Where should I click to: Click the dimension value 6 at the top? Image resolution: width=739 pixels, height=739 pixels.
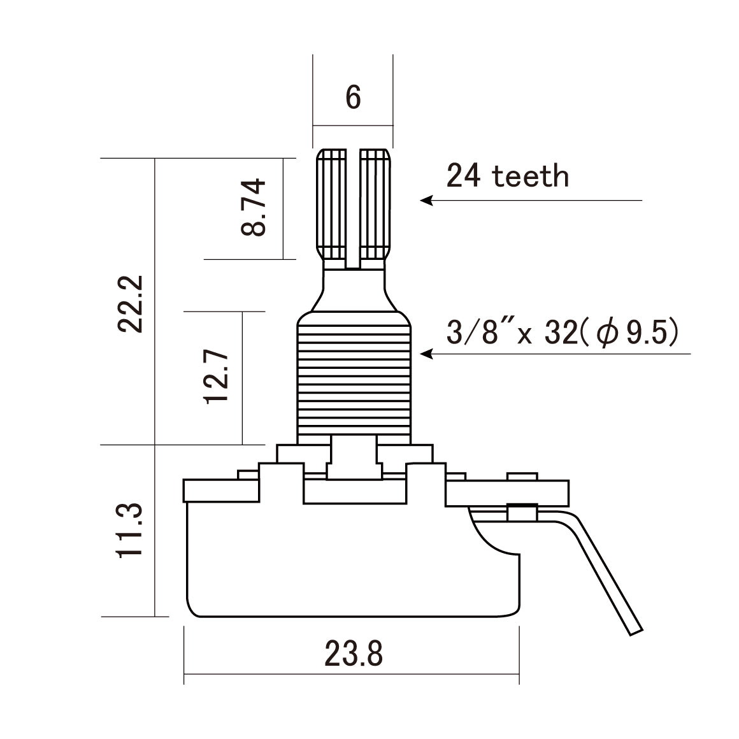pyautogui.click(x=353, y=97)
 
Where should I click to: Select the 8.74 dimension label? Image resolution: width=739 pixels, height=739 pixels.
pyautogui.click(x=254, y=208)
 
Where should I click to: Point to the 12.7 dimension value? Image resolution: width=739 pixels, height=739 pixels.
pyautogui.click(x=216, y=376)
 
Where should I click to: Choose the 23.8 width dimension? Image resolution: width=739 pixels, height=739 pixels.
pyautogui.click(x=354, y=654)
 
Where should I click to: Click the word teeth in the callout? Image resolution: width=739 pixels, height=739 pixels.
pyautogui.click(x=530, y=176)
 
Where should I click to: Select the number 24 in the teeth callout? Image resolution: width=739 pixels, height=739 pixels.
pyautogui.click(x=464, y=176)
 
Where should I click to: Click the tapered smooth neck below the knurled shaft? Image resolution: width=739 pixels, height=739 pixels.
pyautogui.click(x=354, y=290)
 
